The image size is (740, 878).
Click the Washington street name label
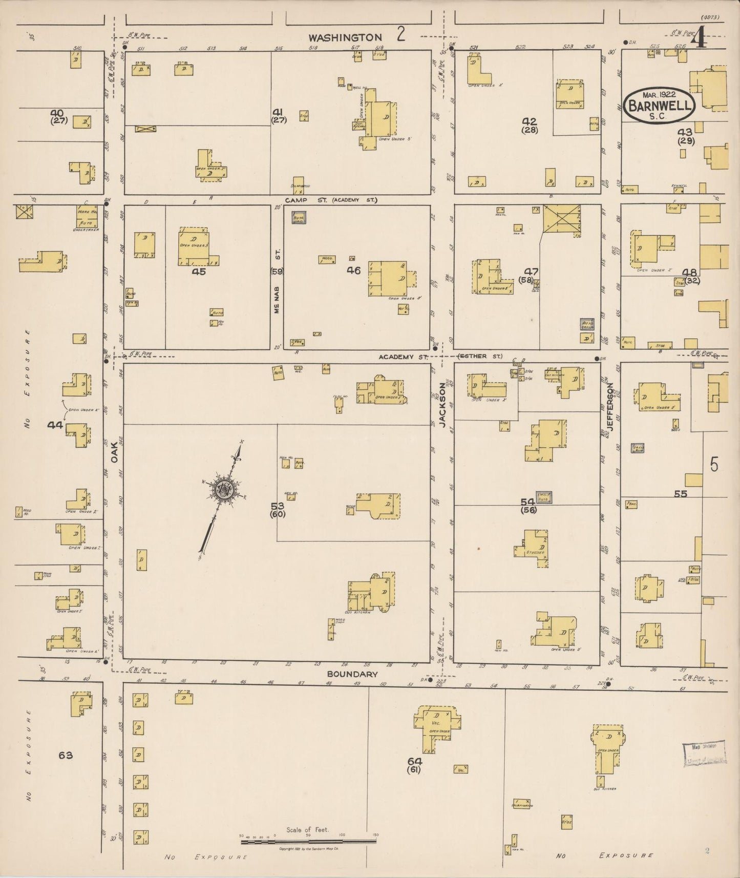346,37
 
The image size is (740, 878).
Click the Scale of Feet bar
308,841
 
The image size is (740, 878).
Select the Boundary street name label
352,674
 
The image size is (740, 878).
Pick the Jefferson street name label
610,405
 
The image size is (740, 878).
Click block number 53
278,506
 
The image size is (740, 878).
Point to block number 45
199,272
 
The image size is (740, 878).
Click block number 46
353,270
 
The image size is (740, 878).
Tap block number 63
66,755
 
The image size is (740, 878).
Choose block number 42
529,121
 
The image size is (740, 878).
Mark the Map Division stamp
704,754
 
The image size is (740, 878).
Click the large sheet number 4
700,39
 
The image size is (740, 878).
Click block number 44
55,425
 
